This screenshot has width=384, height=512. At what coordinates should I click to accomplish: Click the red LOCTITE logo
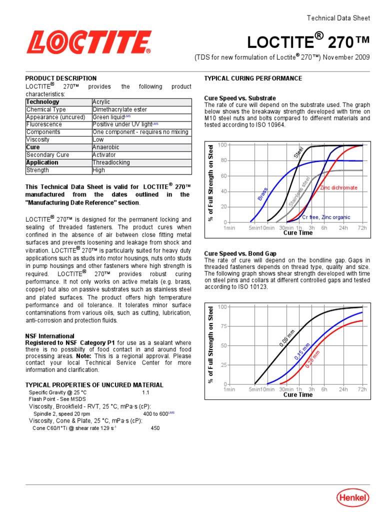(x=89, y=42)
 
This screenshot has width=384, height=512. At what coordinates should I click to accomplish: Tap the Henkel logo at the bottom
(x=353, y=497)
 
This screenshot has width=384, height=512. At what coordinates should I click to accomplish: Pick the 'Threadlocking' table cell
(x=111, y=162)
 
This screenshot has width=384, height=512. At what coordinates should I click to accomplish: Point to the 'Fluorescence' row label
(x=44, y=124)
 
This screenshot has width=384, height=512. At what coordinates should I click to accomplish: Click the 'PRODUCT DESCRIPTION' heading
(x=61, y=78)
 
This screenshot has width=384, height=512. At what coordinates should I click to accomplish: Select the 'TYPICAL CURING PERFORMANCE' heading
(x=253, y=78)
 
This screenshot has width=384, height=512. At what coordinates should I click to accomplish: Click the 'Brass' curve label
(x=262, y=194)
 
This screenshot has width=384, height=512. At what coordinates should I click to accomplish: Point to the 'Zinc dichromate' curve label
(x=338, y=187)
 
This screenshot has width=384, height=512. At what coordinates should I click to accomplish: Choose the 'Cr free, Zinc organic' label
(x=325, y=217)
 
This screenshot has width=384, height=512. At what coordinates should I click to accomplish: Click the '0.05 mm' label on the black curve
(x=287, y=338)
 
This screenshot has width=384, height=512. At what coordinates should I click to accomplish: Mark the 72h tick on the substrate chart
(x=362, y=227)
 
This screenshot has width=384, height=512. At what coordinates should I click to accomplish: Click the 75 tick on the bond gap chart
(x=222, y=326)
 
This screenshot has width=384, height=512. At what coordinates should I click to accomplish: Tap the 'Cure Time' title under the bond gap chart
(x=298, y=394)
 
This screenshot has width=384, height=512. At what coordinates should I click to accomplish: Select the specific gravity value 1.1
(x=146, y=392)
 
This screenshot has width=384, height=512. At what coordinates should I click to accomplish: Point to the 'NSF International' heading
(x=49, y=336)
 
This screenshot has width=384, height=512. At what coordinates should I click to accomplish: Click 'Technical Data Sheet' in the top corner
(x=338, y=18)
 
